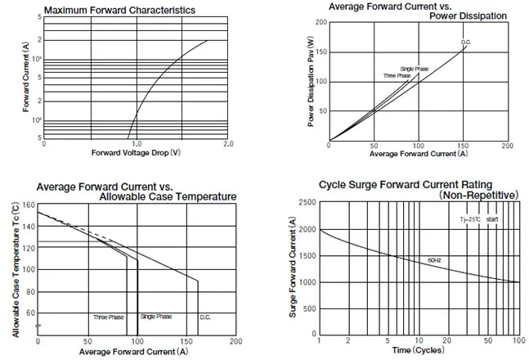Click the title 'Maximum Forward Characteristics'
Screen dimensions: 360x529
pos(119,10)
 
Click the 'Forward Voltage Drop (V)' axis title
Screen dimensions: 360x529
pos(135,153)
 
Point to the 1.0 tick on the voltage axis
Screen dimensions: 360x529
pos(136,143)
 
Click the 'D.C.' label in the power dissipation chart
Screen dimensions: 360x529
pos(465,43)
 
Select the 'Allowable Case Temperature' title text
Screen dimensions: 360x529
pos(168,196)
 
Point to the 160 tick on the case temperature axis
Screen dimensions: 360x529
pos(29,205)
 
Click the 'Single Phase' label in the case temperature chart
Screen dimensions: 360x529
pos(156,317)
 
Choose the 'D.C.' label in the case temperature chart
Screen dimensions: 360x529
pos(205,317)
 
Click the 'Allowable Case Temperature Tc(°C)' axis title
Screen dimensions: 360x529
pos(16,270)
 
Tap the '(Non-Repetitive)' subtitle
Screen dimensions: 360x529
pos(478,196)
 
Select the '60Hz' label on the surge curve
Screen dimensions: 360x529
pos(433,259)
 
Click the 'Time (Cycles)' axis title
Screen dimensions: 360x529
pos(417,350)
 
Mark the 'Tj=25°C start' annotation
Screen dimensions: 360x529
pos(478,220)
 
